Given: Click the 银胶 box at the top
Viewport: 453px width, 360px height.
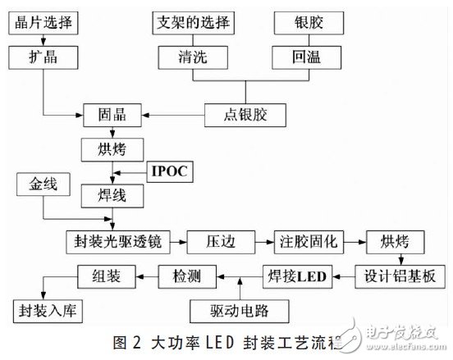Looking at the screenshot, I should pyautogui.click(x=305, y=21).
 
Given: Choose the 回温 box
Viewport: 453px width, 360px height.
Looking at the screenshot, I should pyautogui.click(x=305, y=57).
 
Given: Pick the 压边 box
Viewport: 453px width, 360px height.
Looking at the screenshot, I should pyautogui.click(x=219, y=243).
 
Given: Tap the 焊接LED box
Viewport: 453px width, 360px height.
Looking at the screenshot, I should pyautogui.click(x=294, y=276).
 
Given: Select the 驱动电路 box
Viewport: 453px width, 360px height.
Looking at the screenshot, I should pyautogui.click(x=238, y=311).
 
